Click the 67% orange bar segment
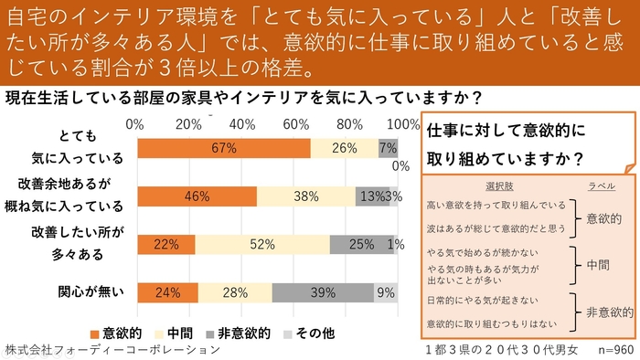(x=223, y=148)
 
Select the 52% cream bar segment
(x=262, y=244)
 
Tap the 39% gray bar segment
(x=322, y=292)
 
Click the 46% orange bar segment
(x=197, y=196)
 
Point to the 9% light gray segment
(x=385, y=292)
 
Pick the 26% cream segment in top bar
(x=344, y=148)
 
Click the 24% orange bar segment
(x=167, y=292)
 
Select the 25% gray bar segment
(x=361, y=244)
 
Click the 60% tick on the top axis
(x=295, y=123)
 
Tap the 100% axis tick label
(x=402, y=123)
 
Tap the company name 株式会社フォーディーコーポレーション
(x=112, y=349)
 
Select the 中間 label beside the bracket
(x=598, y=264)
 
